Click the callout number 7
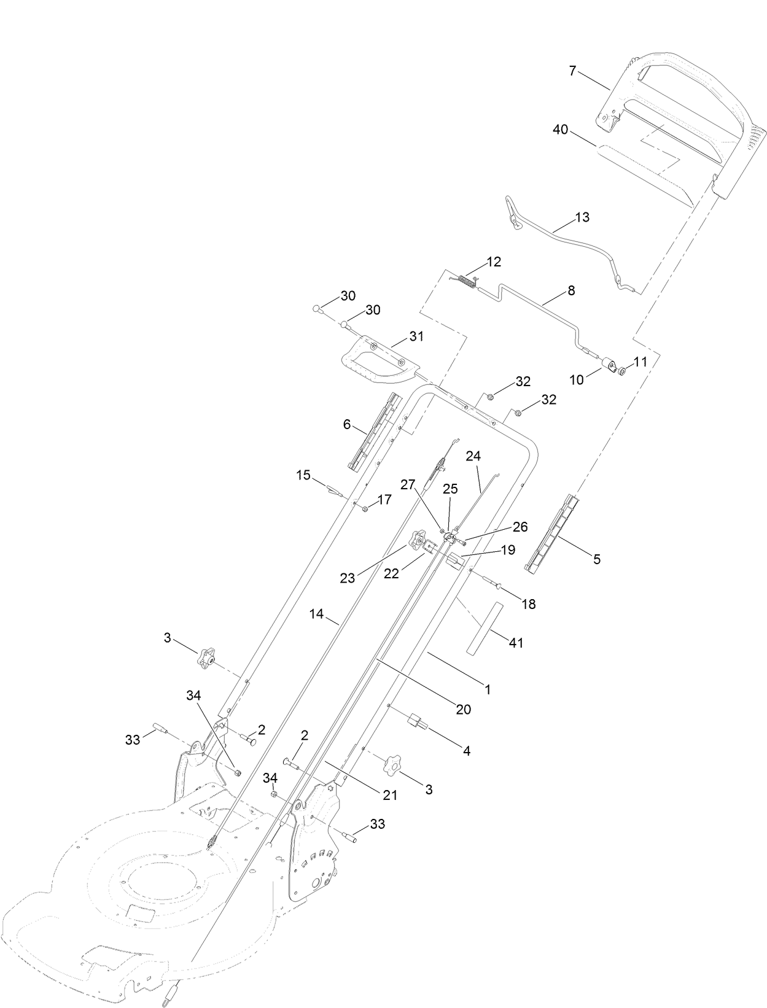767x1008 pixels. [x=572, y=71]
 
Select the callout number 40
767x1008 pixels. [x=560, y=130]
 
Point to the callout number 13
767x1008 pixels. [x=582, y=217]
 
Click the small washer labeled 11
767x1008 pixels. [x=622, y=371]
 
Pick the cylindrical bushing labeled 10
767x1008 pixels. [x=610, y=365]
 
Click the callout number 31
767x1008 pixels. [x=416, y=336]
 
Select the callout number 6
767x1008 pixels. [x=346, y=425]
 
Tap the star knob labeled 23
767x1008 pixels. [x=418, y=540]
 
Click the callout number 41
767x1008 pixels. [x=516, y=643]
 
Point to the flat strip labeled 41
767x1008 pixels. [x=483, y=629]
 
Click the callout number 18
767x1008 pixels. [x=528, y=604]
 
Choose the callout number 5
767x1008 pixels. [x=596, y=559]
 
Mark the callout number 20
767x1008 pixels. [x=463, y=709]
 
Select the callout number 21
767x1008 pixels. [x=391, y=795]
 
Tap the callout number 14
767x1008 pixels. [x=316, y=613]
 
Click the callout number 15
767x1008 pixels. [x=303, y=475]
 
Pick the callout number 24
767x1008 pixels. [x=473, y=456]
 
